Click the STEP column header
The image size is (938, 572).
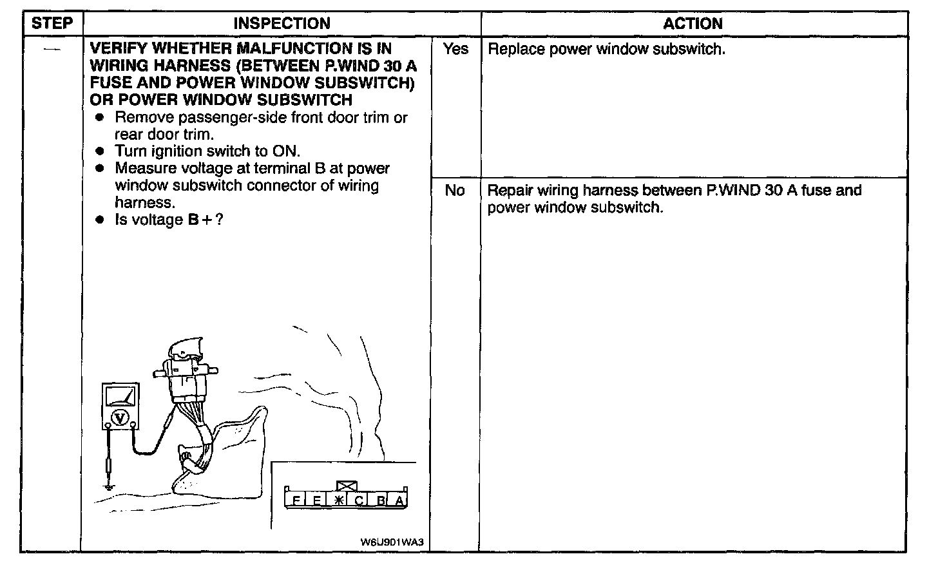[x=52, y=24]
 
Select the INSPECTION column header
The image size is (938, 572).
[x=282, y=24]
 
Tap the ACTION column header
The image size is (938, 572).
[x=693, y=24]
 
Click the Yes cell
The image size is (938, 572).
[x=455, y=50]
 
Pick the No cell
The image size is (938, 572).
[x=455, y=191]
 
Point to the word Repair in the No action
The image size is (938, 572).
[x=510, y=191]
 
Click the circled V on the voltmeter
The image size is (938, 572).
[x=119, y=418]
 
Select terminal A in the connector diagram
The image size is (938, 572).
[x=399, y=500]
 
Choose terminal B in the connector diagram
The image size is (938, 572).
[x=381, y=500]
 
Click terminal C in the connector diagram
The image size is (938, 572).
[x=359, y=500]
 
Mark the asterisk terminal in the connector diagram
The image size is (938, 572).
[x=338, y=500]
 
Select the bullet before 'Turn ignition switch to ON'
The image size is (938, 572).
[x=99, y=151]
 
